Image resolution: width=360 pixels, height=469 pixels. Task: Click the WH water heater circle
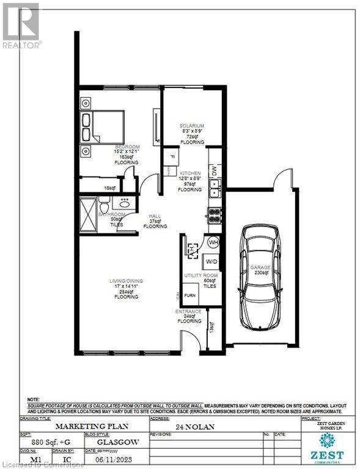point(213,242)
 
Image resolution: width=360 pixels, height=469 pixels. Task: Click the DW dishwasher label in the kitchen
point(213,173)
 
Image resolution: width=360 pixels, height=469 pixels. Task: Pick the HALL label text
point(155,217)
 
